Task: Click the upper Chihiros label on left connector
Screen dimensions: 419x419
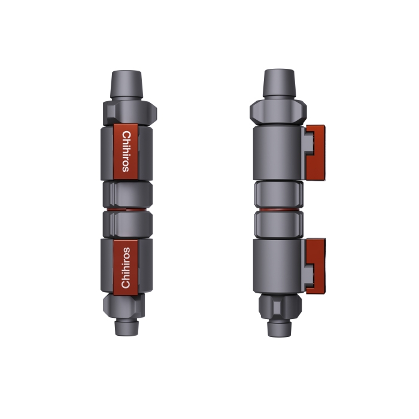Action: click(126, 151)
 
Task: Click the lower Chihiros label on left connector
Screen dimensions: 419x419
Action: click(126, 267)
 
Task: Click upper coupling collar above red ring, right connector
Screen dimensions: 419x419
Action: click(277, 194)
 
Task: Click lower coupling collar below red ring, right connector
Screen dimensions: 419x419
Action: click(277, 225)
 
